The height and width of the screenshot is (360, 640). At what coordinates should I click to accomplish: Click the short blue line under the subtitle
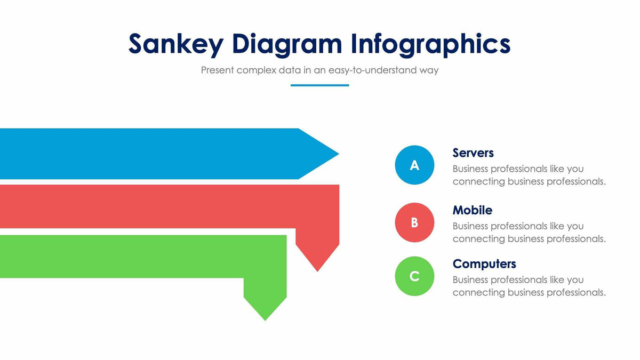click(x=319, y=85)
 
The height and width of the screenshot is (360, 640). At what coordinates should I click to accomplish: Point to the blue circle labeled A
click(x=414, y=165)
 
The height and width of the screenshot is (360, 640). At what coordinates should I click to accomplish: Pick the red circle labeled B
click(x=414, y=222)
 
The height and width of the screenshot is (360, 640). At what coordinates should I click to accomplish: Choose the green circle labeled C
click(x=414, y=276)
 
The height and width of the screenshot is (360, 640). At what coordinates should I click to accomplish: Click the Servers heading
click(x=473, y=153)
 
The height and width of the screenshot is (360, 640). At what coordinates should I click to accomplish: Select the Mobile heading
click(x=472, y=210)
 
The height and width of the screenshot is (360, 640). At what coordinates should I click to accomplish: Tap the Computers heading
click(x=484, y=263)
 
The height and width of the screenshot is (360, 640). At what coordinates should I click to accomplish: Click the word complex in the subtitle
click(x=256, y=70)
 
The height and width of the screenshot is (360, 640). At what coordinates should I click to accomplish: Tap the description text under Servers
click(x=529, y=175)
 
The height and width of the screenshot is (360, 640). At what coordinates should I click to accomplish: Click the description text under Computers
click(x=529, y=286)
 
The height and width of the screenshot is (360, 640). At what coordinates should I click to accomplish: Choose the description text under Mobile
click(x=529, y=233)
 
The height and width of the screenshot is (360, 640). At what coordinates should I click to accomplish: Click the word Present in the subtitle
click(x=218, y=70)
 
